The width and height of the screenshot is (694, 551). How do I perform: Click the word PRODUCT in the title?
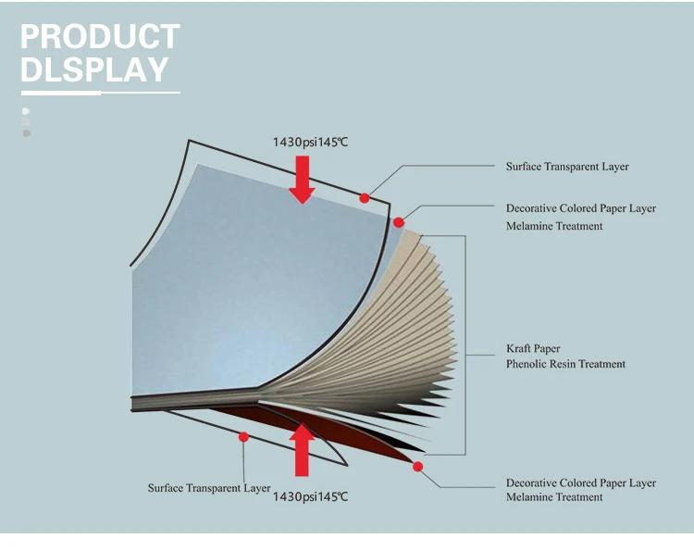tap(100, 36)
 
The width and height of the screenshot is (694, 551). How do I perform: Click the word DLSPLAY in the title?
tap(94, 69)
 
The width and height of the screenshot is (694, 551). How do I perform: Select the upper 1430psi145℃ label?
tap(310, 142)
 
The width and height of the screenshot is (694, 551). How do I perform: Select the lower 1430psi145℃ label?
tap(310, 497)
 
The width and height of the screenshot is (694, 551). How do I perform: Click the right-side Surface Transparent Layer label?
tap(566, 167)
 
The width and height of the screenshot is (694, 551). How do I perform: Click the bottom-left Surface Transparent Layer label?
tap(209, 488)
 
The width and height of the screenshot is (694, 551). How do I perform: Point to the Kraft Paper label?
tap(533, 349)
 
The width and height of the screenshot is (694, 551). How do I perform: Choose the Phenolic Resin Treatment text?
tap(565, 364)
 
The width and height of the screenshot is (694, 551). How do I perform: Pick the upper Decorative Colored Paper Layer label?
tap(580, 208)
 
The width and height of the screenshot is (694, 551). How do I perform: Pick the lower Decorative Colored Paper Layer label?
tap(580, 482)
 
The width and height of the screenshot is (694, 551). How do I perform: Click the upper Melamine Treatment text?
tap(553, 226)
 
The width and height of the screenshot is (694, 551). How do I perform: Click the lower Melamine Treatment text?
tap(553, 497)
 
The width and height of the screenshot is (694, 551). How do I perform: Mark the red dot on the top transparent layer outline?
tap(365, 197)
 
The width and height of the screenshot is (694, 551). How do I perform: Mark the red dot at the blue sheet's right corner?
tap(399, 222)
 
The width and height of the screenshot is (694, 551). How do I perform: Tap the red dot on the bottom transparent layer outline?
tap(243, 436)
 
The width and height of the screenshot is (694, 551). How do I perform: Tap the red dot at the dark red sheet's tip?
tap(418, 466)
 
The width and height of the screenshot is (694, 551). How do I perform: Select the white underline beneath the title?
tap(100, 92)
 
